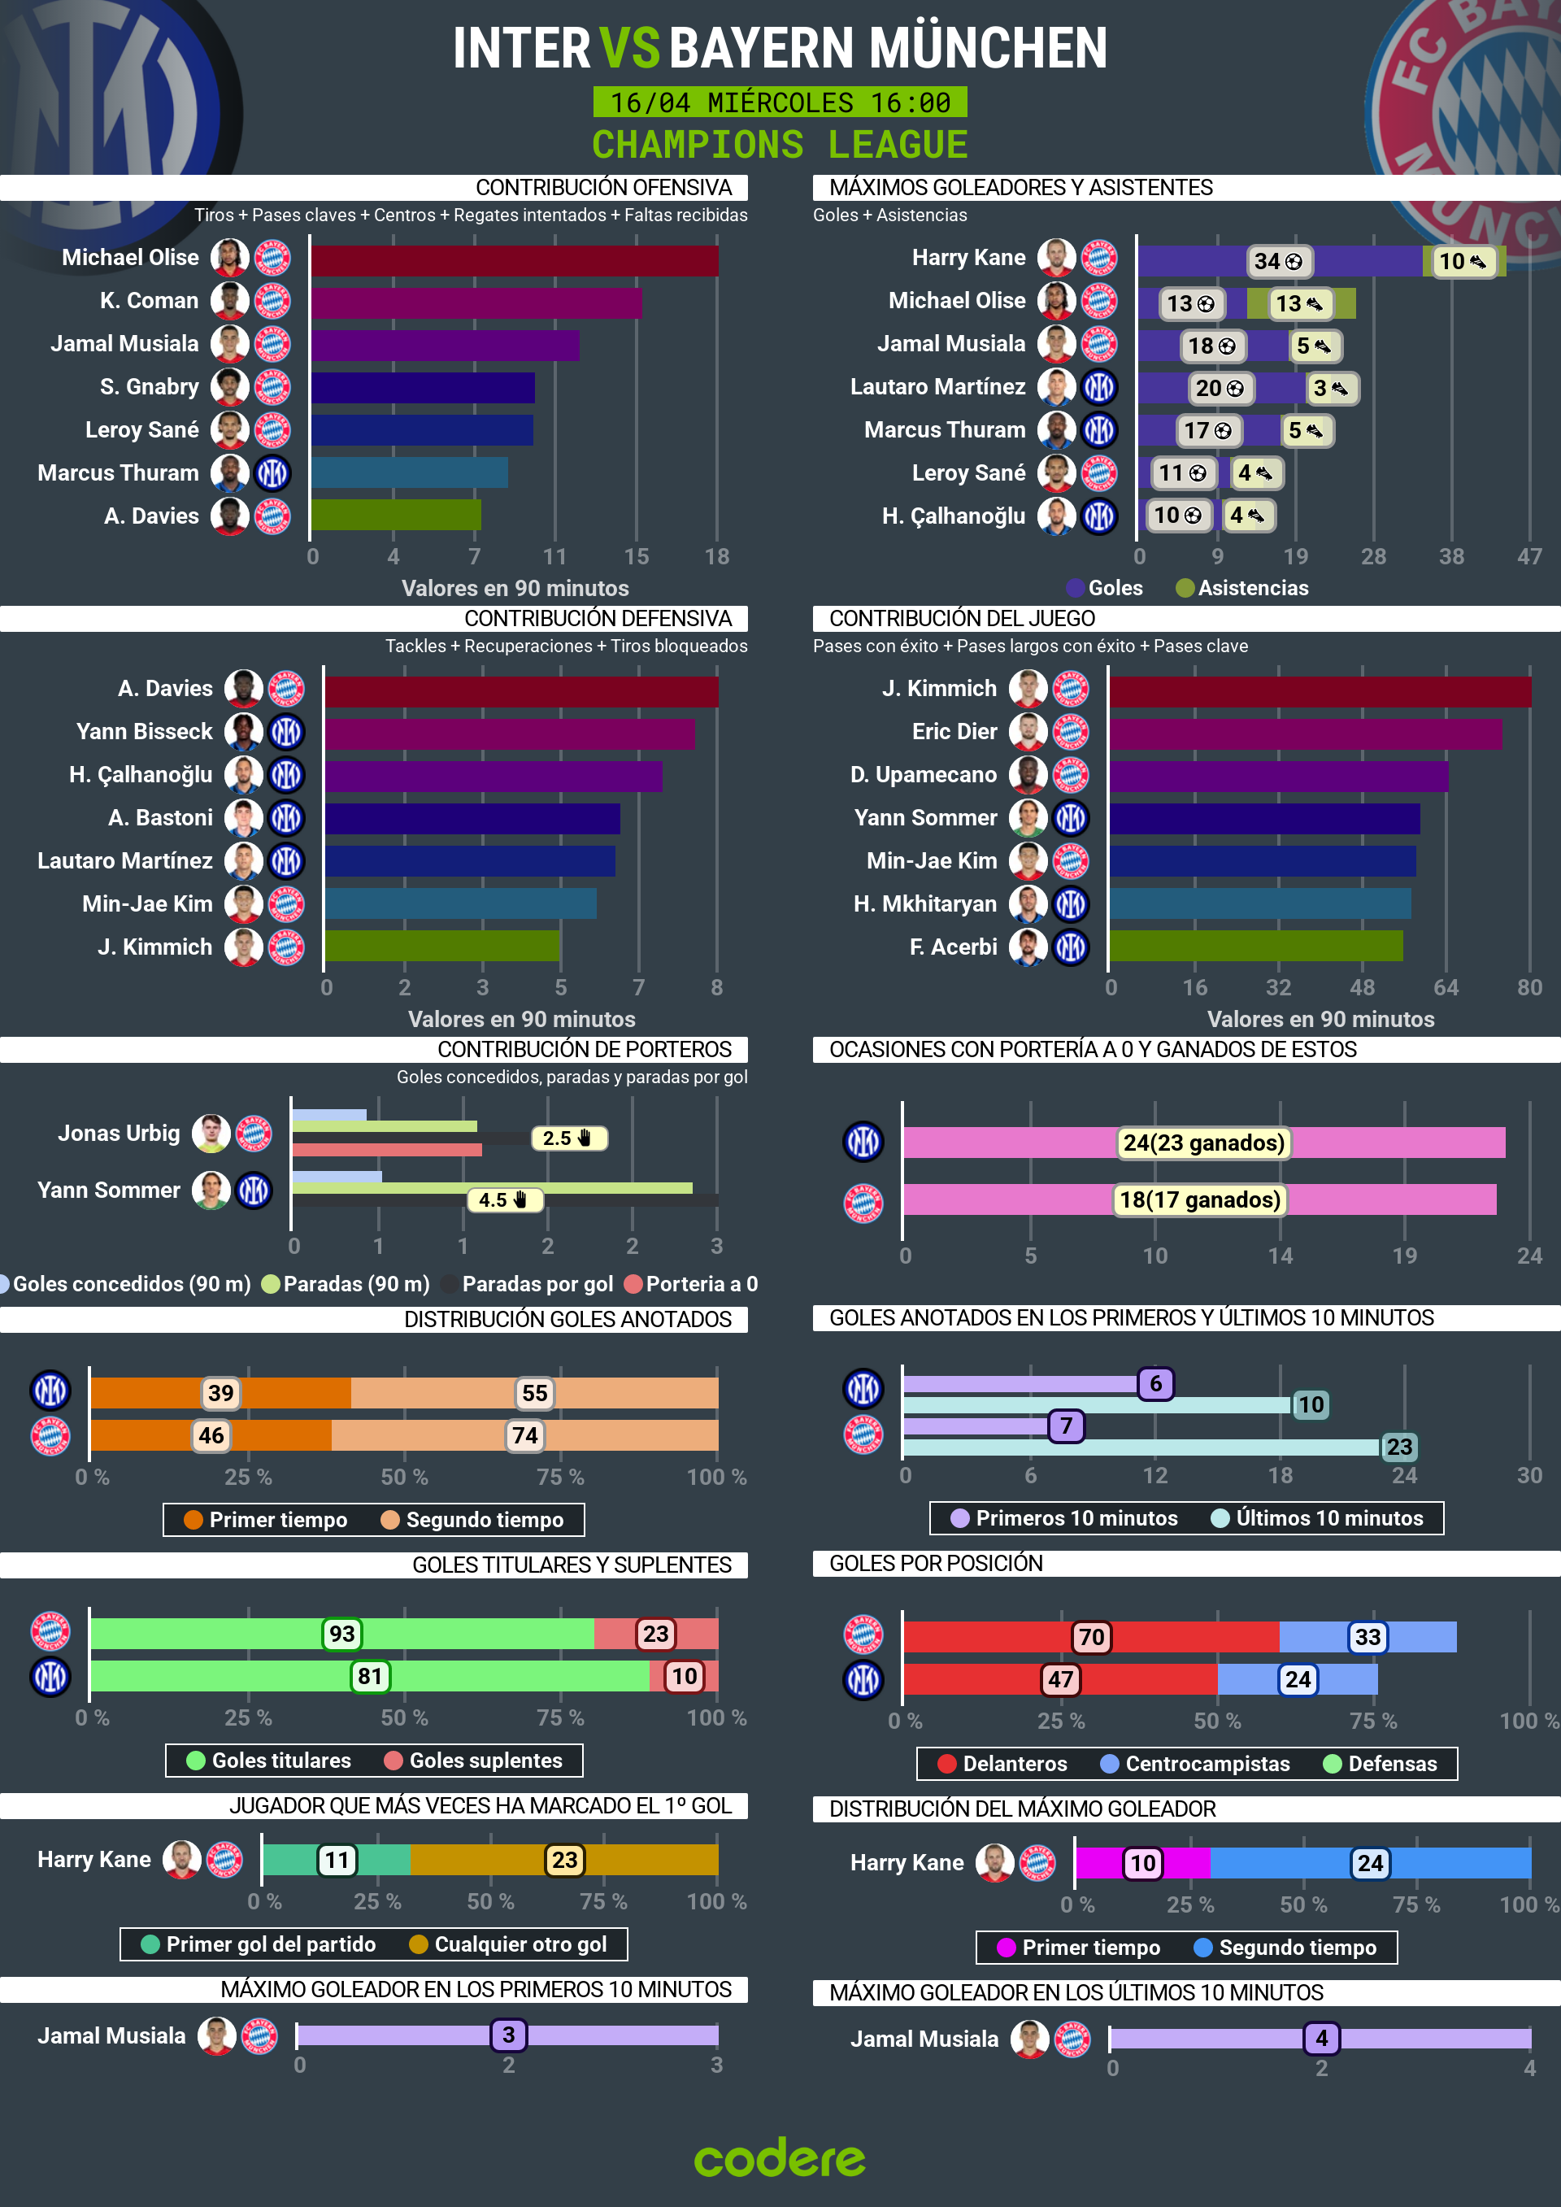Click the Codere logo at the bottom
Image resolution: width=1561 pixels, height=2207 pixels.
[780, 2159]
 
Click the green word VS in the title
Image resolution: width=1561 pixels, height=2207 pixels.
[629, 48]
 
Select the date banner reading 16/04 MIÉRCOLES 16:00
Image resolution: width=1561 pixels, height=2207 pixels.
[780, 102]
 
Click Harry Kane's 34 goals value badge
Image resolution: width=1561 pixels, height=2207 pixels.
[1277, 262]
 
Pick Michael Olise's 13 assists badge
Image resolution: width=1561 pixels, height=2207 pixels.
[1298, 304]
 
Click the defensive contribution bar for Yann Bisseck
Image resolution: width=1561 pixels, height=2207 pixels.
[510, 733]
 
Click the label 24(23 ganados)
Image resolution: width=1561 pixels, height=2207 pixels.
[1203, 1142]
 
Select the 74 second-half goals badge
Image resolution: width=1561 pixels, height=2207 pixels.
[525, 1435]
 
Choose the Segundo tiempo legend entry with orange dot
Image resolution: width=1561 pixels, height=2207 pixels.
[473, 1520]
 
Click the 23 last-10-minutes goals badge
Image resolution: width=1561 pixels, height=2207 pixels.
[1398, 1447]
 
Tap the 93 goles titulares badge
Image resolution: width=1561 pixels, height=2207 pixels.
[342, 1633]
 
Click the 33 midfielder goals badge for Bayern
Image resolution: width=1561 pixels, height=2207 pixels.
[1367, 1637]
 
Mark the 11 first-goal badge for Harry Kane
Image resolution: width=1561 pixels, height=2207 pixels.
[337, 1860]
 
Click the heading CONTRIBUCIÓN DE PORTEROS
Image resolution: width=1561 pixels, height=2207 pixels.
[584, 1050]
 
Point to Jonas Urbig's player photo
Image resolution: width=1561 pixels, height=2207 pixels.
[211, 1134]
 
